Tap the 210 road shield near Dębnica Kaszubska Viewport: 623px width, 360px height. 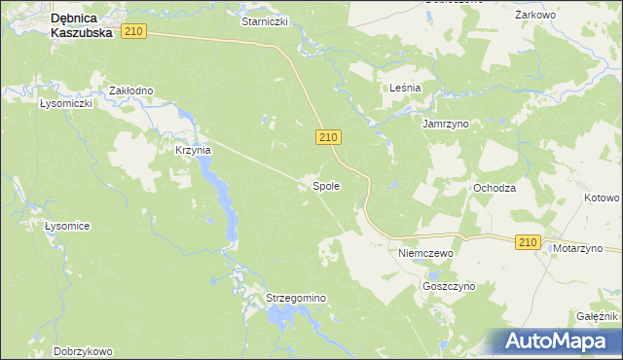click(134, 32)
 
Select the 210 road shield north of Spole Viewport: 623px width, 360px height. click(328, 139)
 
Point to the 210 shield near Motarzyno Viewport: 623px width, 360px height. click(528, 242)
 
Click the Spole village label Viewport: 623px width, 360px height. click(325, 185)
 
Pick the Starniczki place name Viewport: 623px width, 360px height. click(265, 20)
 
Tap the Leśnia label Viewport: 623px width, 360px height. click(404, 88)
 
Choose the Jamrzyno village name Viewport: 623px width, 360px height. click(446, 125)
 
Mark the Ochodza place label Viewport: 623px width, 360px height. click(494, 188)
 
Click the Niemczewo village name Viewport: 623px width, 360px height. click(427, 252)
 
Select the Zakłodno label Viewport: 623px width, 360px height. click(131, 90)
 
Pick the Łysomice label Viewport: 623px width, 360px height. click(67, 226)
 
